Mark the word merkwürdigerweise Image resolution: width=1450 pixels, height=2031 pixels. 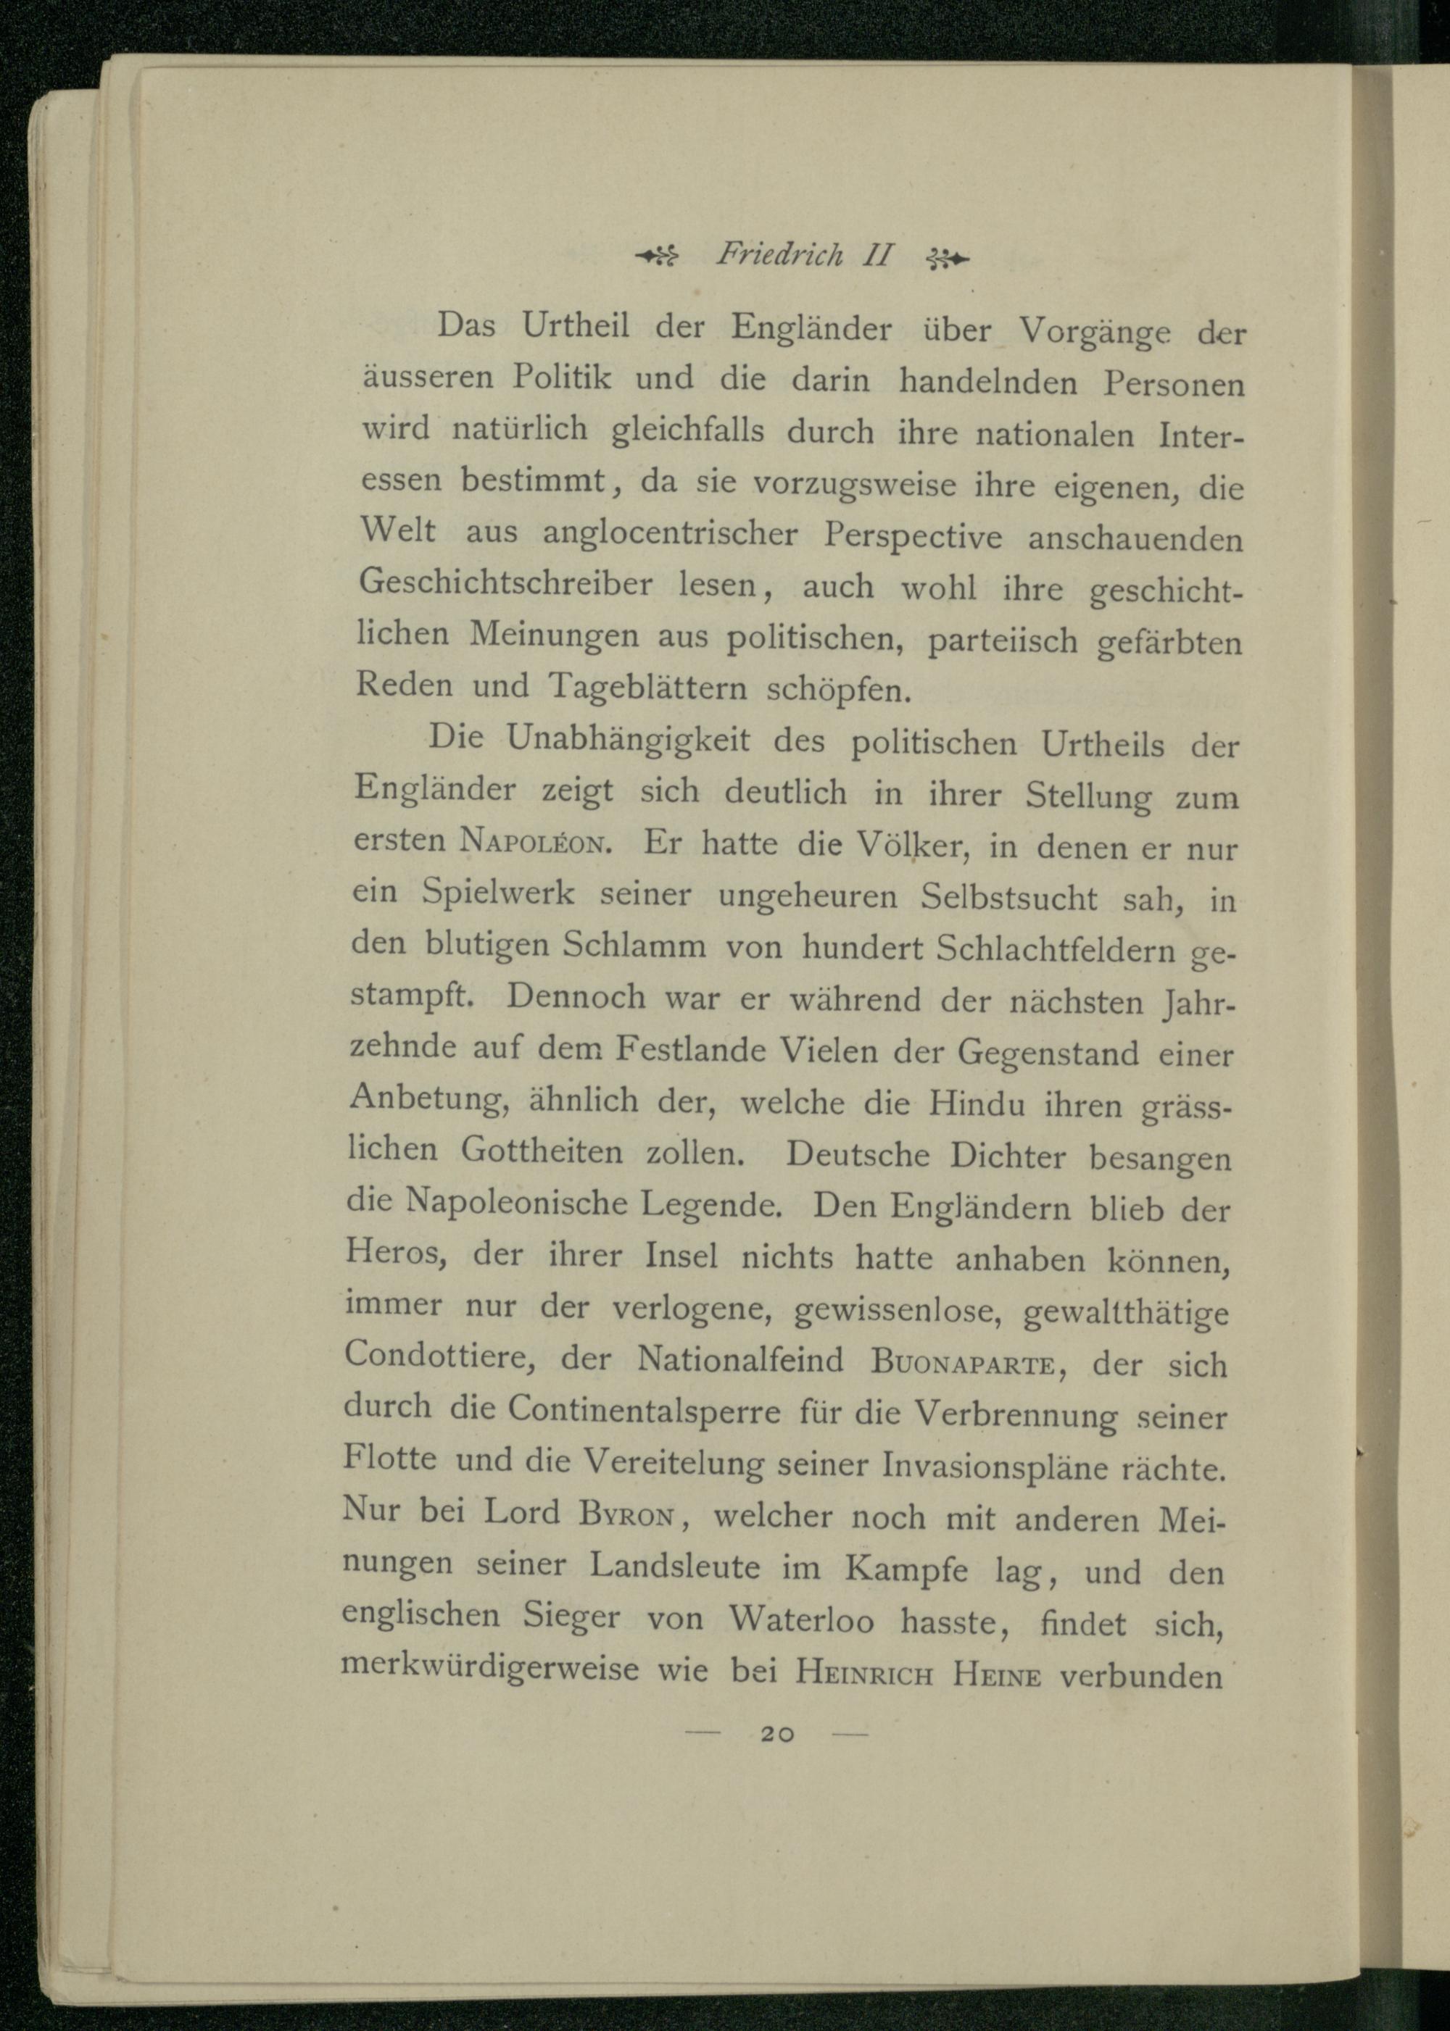tap(490, 1666)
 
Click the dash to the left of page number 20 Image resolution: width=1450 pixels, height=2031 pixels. tap(702, 1758)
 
